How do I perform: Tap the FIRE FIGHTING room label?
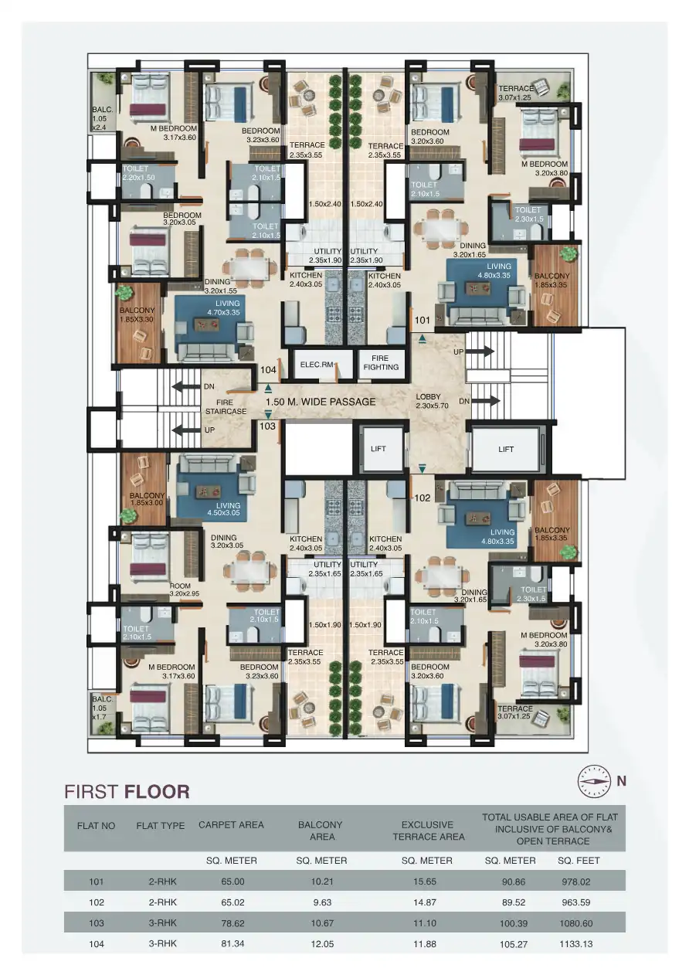click(381, 362)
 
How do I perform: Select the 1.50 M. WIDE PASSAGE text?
click(321, 402)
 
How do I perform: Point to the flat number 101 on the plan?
click(422, 319)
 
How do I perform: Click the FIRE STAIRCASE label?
click(226, 407)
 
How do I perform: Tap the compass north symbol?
click(594, 781)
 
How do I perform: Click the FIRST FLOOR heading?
click(127, 792)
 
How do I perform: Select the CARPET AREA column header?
click(231, 824)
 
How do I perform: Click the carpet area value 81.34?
click(231, 943)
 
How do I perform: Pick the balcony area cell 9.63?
click(320, 902)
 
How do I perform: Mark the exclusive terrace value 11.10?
click(428, 923)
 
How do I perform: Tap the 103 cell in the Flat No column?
click(96, 923)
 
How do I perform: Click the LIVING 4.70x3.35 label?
click(222, 308)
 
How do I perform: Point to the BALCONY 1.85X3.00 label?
click(146, 499)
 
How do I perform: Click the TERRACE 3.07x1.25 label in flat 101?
click(515, 93)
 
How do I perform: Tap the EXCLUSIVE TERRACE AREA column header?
click(428, 831)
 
